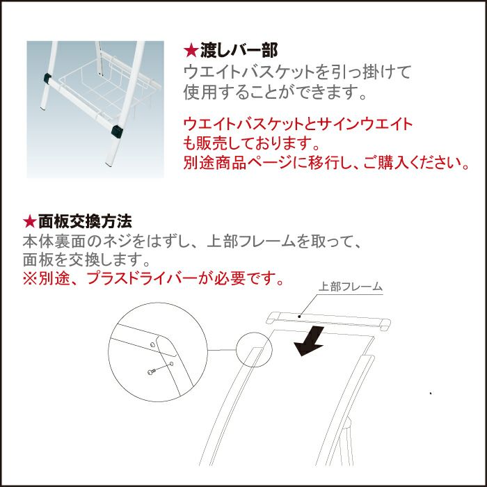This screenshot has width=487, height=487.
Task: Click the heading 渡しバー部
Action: point(239,50)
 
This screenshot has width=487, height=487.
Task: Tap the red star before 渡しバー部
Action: point(191,51)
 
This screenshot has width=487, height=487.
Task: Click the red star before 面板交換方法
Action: point(30,221)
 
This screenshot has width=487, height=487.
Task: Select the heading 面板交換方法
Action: point(85,221)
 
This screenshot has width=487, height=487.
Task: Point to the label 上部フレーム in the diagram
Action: point(351,286)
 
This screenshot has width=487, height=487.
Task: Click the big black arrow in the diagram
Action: point(309,341)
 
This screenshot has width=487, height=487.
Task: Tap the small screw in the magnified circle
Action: point(151,372)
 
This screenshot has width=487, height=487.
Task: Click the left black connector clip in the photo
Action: point(47,78)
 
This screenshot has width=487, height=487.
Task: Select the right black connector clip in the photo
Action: point(117,131)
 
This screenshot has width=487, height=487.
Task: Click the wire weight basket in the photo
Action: point(106,90)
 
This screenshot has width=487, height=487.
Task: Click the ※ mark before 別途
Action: point(30,278)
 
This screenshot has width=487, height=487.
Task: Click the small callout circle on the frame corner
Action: point(254,349)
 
